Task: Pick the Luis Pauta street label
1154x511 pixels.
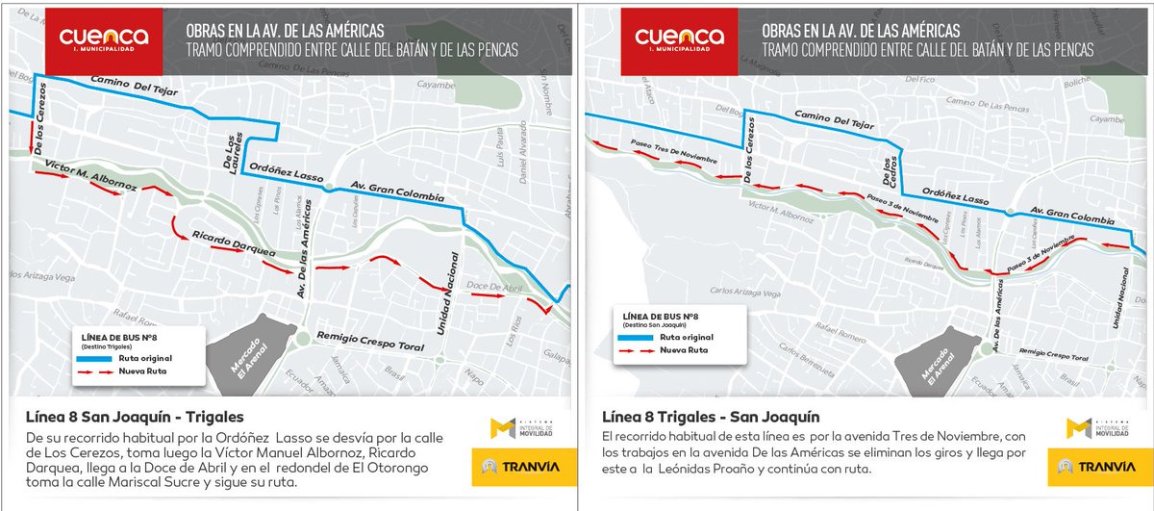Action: (x=501, y=148)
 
